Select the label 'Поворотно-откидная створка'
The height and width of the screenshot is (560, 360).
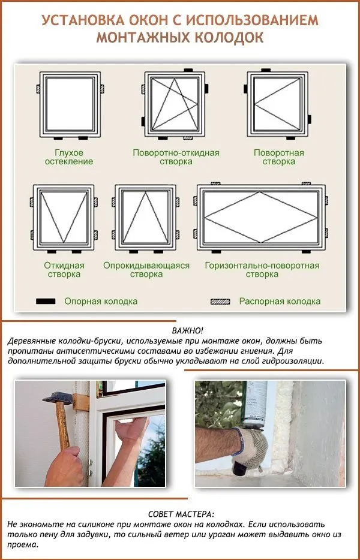pos(176,157)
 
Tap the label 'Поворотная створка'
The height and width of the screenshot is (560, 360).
pos(279,157)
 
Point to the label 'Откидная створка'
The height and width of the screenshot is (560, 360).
pos(64,270)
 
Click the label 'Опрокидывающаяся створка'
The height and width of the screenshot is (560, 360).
pos(146,270)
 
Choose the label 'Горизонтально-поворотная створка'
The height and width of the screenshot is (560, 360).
pos(262,270)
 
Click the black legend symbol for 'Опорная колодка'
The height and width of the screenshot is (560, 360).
pos(46,301)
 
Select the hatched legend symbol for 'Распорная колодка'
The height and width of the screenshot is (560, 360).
pos(220,301)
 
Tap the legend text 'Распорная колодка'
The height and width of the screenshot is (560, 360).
pos(280,301)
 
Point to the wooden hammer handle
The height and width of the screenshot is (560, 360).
pos(63,432)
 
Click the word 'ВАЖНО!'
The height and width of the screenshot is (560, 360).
pos(187,331)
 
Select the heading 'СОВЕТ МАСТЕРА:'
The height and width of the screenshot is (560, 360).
pos(179,514)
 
